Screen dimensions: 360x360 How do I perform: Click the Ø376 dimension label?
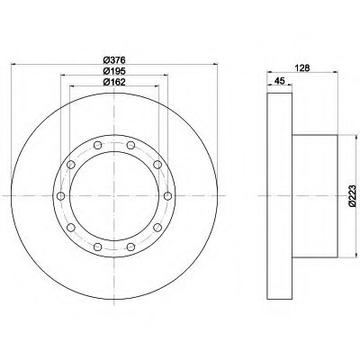(x=113, y=60)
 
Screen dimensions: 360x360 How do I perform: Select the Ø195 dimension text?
(x=113, y=71)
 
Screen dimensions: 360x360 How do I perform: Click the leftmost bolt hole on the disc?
(x=59, y=196)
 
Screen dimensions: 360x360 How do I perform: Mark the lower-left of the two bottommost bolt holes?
(x=97, y=245)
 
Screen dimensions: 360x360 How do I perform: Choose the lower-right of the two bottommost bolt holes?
(x=133, y=245)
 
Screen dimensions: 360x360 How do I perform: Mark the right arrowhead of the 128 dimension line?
(x=336, y=74)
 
